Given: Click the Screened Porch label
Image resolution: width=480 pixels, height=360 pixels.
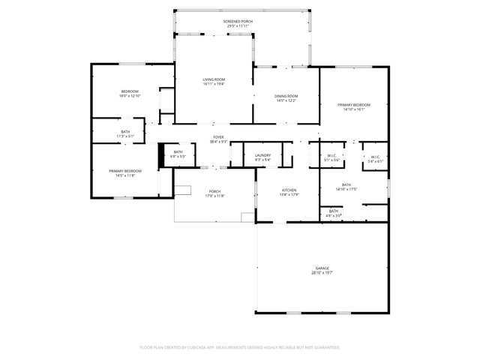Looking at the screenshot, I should (x=237, y=22).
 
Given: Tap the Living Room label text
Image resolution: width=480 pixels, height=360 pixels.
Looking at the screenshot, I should (x=214, y=79).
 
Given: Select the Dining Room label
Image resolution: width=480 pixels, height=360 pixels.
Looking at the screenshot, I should (x=286, y=96).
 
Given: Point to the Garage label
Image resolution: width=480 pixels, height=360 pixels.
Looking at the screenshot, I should (x=322, y=268).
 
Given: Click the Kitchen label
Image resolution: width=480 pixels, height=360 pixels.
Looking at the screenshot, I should (x=289, y=190).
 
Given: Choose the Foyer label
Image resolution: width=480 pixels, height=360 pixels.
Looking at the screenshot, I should (x=218, y=137).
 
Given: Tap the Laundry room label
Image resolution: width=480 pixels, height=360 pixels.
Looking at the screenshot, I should (x=262, y=155).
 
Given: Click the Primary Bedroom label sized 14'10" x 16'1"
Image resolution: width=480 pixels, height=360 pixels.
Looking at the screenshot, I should (x=354, y=105).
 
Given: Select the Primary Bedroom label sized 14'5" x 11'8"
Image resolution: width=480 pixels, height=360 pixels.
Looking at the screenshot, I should (x=125, y=171).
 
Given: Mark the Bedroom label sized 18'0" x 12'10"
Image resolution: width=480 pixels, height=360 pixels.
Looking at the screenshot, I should (x=130, y=91).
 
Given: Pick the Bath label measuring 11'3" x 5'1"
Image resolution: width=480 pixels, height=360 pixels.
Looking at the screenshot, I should (x=125, y=132).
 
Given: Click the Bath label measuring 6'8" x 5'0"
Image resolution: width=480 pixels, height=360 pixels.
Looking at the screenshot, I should (x=178, y=152).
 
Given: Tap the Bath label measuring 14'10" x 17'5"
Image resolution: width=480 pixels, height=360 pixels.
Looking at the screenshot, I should (x=346, y=185).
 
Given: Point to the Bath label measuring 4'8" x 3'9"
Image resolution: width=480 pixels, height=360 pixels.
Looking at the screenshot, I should (x=334, y=211).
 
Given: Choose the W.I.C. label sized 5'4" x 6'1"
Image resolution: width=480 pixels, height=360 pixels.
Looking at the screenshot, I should (x=375, y=157).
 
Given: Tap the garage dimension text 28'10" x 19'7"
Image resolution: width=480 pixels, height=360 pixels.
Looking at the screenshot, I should (x=322, y=273).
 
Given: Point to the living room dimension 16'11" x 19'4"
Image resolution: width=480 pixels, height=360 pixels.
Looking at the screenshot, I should (x=214, y=84).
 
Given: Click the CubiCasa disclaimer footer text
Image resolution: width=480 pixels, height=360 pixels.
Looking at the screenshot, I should (x=240, y=347).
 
